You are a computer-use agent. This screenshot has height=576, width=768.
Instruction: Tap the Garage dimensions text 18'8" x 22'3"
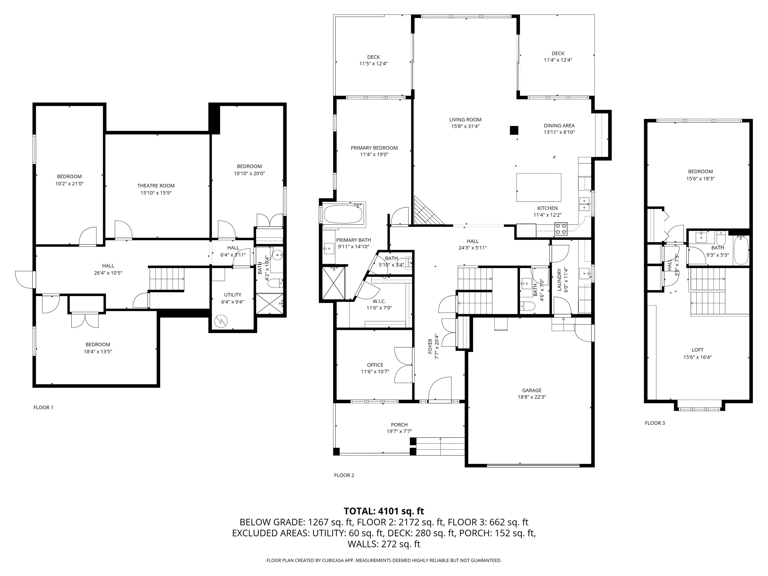point(531,397)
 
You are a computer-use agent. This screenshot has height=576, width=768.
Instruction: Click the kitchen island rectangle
point(538,187)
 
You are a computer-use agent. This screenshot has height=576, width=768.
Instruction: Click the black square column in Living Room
point(513,130)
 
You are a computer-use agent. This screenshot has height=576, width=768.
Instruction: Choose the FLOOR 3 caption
point(655,423)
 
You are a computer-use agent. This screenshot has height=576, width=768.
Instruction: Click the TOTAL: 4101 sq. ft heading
point(384,511)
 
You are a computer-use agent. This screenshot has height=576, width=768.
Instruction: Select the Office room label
point(375,365)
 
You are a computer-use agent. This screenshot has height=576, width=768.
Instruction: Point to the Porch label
point(399,424)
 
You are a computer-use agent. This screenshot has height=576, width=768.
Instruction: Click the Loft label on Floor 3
point(697,350)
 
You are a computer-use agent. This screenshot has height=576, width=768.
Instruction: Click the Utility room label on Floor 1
point(232,295)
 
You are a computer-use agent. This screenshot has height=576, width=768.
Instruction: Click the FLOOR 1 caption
point(43,407)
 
